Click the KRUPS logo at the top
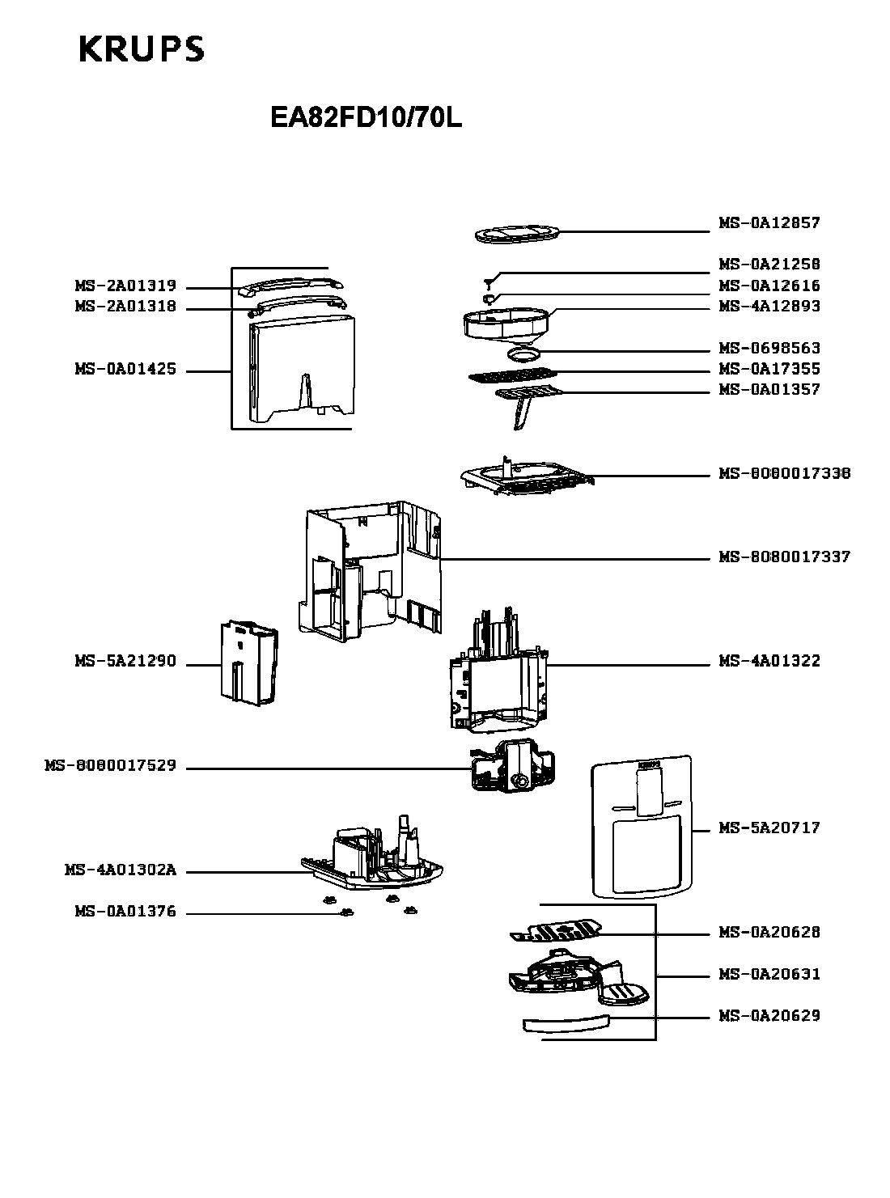tap(142, 49)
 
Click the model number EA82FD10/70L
tap(366, 119)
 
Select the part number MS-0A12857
tap(769, 223)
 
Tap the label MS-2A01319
tap(125, 286)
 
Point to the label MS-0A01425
tap(125, 370)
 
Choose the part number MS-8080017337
tap(784, 557)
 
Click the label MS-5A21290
tap(125, 662)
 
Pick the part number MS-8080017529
tap(110, 765)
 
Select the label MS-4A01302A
tap(120, 871)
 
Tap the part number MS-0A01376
tap(125, 912)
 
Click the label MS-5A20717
tap(769, 828)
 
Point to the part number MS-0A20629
tap(769, 1016)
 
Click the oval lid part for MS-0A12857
tap(515, 235)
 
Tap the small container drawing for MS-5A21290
tap(248, 661)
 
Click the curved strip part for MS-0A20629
tap(566, 1023)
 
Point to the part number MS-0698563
tap(769, 349)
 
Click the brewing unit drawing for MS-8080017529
tap(512, 767)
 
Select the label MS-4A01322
tap(769, 662)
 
